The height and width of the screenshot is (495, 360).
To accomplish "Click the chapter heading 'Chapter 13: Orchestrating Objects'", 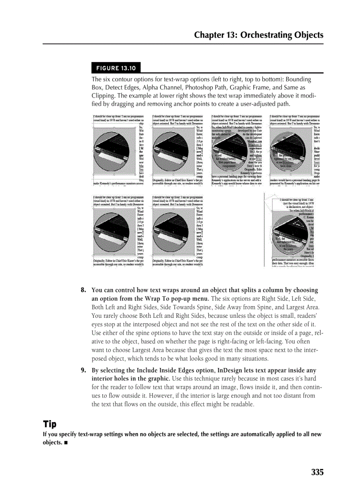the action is tap(259, 35).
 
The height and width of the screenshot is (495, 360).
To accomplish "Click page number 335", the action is tap(317, 472).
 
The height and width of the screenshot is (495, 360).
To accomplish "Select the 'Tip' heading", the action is tap(49, 424).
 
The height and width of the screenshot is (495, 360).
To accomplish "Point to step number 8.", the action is tap(83, 290).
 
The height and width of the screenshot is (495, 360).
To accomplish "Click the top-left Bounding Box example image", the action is tap(118, 150).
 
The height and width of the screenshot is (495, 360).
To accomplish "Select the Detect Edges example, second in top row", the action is tap(177, 150).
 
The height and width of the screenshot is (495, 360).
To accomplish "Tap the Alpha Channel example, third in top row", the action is tap(237, 150).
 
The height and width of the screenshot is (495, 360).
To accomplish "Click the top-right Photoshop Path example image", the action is tap(295, 150).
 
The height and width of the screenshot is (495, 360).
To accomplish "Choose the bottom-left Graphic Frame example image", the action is tap(118, 231).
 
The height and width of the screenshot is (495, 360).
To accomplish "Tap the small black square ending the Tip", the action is tap(66, 443).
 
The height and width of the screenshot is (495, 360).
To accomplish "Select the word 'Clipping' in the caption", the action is tap(104, 96).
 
